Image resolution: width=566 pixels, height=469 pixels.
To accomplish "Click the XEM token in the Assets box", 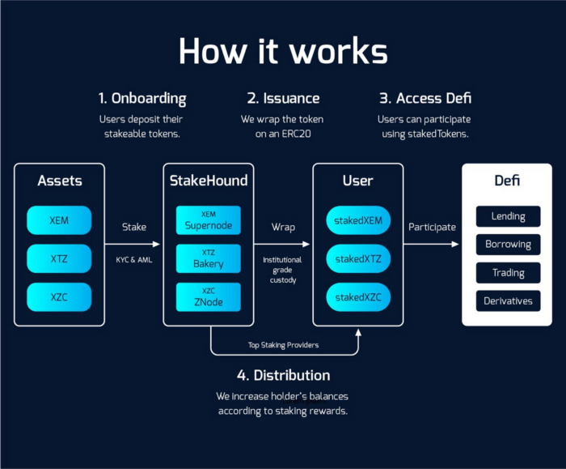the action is (x=59, y=220).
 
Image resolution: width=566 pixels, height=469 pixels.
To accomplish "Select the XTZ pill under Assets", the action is (x=59, y=258).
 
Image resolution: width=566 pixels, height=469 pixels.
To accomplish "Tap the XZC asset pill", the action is (x=59, y=297).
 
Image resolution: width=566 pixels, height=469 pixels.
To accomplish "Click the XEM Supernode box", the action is (x=209, y=220).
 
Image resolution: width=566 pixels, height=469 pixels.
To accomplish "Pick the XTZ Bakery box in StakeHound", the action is (x=209, y=258).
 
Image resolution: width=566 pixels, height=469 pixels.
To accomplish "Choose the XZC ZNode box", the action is (x=209, y=297).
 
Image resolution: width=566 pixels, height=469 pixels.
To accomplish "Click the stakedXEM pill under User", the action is (x=358, y=220).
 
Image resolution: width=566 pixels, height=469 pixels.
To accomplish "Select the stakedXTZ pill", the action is (x=358, y=258).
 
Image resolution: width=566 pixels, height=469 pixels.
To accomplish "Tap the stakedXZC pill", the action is (x=358, y=297).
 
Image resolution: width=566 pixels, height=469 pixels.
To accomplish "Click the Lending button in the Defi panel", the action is (x=508, y=216).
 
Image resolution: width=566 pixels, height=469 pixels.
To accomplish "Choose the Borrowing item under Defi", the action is (x=508, y=245).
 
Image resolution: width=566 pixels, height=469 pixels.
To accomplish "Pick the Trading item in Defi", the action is (x=508, y=273).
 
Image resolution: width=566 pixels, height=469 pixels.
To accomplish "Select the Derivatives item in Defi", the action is (x=508, y=301).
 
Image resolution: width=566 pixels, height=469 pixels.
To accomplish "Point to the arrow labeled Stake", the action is (x=133, y=244).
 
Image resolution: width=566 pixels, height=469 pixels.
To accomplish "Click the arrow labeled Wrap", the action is (x=282, y=244).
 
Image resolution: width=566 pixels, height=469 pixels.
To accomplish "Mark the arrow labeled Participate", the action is (x=431, y=244).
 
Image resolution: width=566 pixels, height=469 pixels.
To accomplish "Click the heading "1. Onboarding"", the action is (x=142, y=99).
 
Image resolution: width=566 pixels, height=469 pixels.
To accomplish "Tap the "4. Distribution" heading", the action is (x=283, y=375).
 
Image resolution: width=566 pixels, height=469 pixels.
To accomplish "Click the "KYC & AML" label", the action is (x=134, y=260).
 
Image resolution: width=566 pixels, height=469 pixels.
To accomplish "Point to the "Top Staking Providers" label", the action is (x=283, y=345).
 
